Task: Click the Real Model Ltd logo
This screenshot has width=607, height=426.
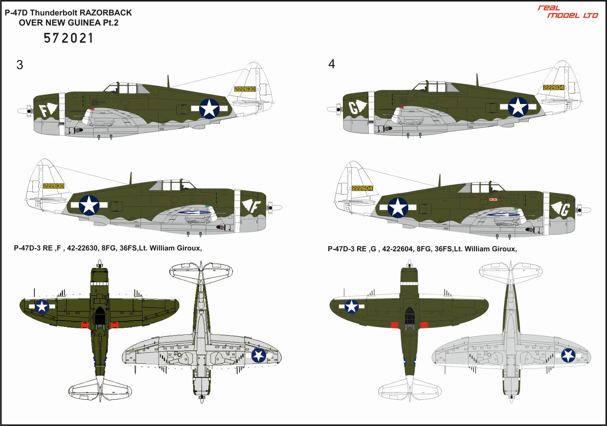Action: pyautogui.click(x=568, y=12)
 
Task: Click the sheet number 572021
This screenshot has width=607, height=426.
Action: pyautogui.click(x=69, y=38)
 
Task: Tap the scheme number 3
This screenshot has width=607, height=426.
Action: pyautogui.click(x=20, y=65)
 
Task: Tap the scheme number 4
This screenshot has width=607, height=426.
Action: pyautogui.click(x=332, y=64)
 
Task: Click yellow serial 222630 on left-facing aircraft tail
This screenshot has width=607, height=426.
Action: pyautogui.click(x=245, y=89)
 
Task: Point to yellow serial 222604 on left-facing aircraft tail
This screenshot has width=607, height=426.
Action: pyautogui.click(x=554, y=88)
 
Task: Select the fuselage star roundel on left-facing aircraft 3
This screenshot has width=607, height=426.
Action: pyautogui.click(x=209, y=108)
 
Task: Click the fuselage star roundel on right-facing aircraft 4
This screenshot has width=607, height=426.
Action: pyautogui.click(x=398, y=208)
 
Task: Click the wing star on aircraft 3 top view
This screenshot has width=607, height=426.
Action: pyautogui.click(x=42, y=307)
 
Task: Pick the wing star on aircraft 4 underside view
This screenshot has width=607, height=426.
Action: pyautogui.click(x=568, y=355)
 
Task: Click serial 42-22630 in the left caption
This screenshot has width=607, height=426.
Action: pyautogui.click(x=83, y=248)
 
